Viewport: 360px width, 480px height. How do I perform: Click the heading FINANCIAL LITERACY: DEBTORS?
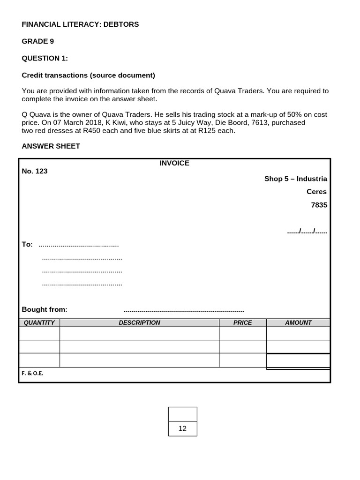(x=80, y=24)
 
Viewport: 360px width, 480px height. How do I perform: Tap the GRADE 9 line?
(x=38, y=41)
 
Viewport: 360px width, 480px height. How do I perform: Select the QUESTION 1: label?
(x=45, y=58)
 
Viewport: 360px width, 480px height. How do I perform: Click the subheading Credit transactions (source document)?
(x=88, y=75)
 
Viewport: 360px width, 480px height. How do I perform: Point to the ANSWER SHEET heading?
(x=51, y=146)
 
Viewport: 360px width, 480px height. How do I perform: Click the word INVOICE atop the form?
(x=174, y=163)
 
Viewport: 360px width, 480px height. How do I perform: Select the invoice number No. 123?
(x=35, y=171)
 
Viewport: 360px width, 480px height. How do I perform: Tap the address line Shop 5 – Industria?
(x=295, y=179)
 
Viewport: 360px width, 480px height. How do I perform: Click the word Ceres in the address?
(x=316, y=192)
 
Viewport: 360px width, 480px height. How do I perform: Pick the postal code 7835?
(x=319, y=205)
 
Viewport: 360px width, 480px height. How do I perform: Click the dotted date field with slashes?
(x=307, y=231)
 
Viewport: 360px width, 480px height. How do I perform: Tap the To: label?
(x=27, y=244)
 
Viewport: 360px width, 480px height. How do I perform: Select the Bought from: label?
(x=45, y=309)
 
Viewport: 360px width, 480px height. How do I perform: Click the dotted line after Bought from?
(x=184, y=310)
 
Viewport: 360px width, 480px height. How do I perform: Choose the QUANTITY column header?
(x=39, y=322)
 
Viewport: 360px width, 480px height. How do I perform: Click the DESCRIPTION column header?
(x=139, y=322)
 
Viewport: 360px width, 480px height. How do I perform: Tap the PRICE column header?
(x=242, y=322)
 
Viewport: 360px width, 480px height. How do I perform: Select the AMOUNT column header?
(x=298, y=322)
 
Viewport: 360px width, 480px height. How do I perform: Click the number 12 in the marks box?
(x=182, y=428)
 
